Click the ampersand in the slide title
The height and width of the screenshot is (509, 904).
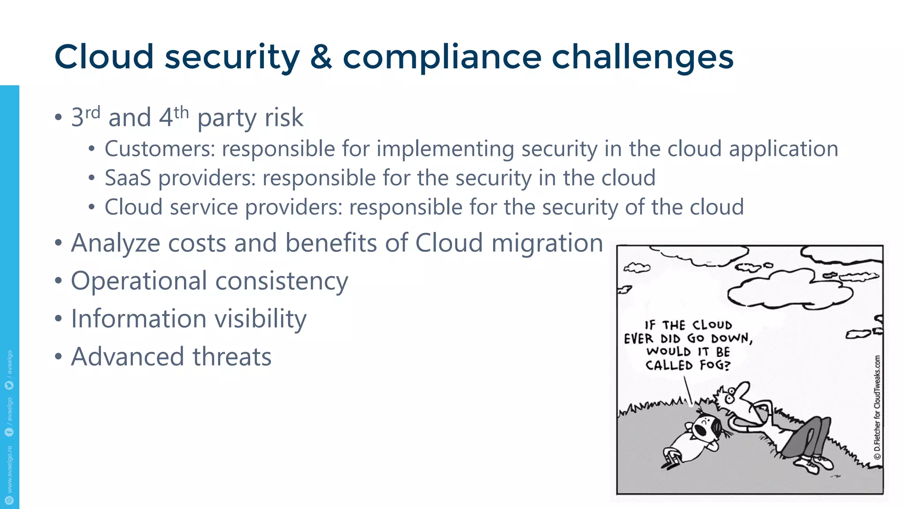click(321, 57)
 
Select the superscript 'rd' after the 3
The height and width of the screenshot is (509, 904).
click(93, 113)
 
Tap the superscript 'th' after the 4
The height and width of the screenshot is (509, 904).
click(181, 113)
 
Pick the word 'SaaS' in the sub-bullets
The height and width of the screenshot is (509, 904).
click(128, 178)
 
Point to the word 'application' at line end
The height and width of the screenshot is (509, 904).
click(783, 149)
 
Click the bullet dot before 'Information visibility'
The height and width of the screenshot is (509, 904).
click(58, 319)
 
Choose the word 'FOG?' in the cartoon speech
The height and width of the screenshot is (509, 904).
click(715, 365)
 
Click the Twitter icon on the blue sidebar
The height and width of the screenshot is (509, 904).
click(9, 385)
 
